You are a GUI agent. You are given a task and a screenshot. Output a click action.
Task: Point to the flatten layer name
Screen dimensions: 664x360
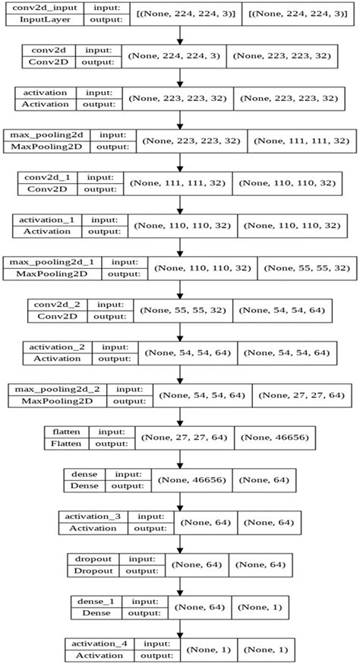pos(67,431)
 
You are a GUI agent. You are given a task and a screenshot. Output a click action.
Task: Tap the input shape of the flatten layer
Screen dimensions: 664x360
pos(184,438)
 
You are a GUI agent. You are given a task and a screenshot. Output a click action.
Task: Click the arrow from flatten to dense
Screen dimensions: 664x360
pos(180,458)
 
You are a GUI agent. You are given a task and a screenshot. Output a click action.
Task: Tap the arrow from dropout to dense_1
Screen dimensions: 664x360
pos(180,586)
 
